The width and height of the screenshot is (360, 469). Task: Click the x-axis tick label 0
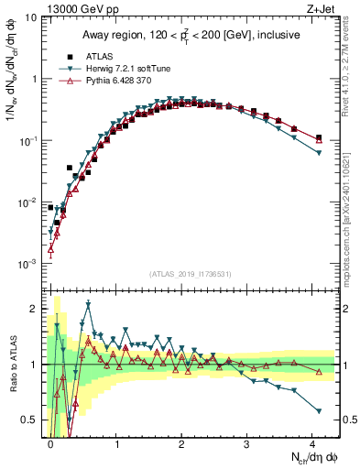50,444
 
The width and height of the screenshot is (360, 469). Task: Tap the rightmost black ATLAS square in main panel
319,137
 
